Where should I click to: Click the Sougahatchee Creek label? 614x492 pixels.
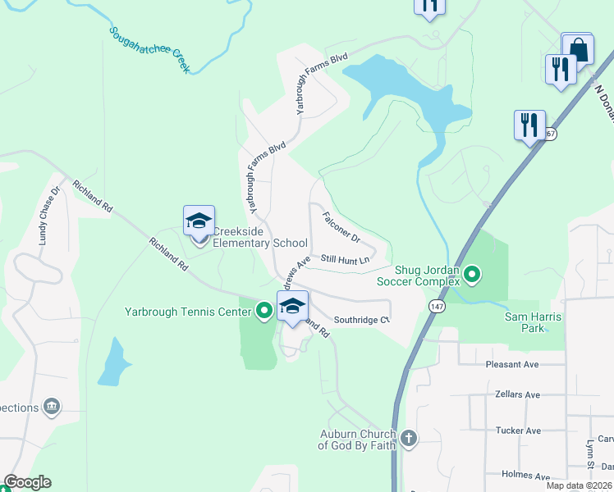click(149, 49)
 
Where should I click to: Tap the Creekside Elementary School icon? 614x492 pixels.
click(199, 223)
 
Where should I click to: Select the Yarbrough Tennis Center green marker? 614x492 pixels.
click(263, 310)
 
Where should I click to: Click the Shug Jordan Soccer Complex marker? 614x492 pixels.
click(472, 274)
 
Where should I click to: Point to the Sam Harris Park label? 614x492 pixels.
click(525, 321)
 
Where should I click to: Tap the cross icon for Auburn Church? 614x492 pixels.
click(408, 439)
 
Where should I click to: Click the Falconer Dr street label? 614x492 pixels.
click(341, 228)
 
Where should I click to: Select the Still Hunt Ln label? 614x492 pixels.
click(346, 260)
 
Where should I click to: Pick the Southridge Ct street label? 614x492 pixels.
click(360, 320)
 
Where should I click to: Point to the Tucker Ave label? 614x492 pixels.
click(518, 430)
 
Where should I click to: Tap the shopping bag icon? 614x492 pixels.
click(578, 49)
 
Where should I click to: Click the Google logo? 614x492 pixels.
click(27, 483)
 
